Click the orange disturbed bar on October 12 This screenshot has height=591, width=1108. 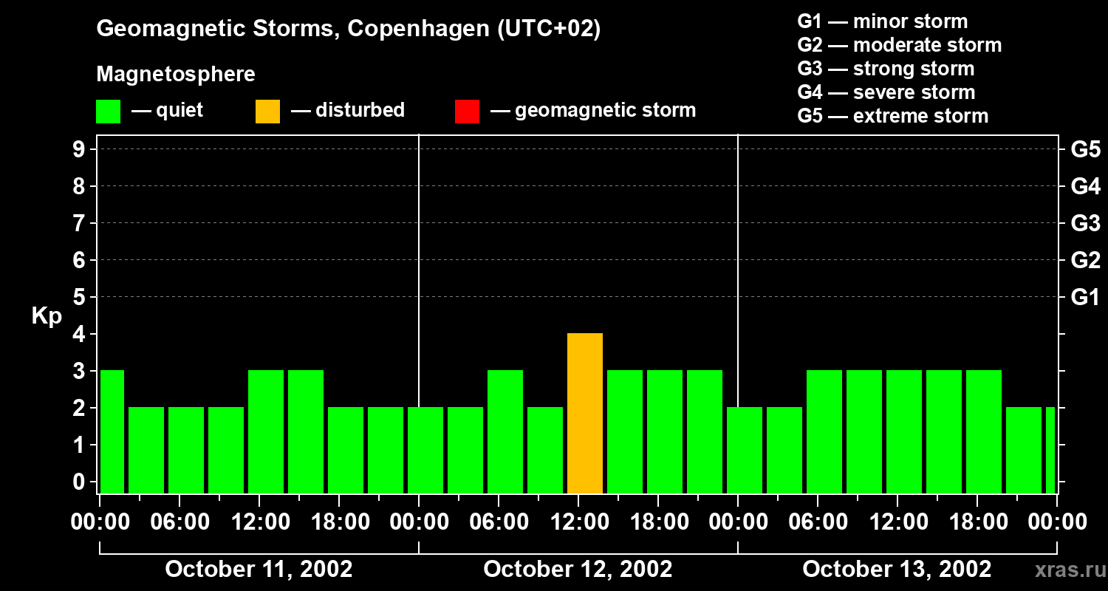click(585, 414)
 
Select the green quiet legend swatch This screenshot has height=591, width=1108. click(108, 111)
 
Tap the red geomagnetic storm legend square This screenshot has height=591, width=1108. click(467, 111)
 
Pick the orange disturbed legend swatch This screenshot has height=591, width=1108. click(267, 111)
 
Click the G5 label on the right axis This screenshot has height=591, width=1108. click(1085, 150)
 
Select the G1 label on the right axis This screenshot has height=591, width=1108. click(1085, 298)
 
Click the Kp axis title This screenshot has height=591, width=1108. click(47, 316)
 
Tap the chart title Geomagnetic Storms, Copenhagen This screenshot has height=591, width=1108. click(348, 29)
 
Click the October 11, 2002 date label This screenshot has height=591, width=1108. click(259, 570)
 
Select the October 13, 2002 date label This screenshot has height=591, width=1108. click(897, 570)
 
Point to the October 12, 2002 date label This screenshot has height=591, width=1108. click(578, 570)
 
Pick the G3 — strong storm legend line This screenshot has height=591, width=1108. click(886, 69)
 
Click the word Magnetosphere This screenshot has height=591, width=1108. click(176, 75)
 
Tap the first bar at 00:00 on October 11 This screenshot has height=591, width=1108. click(112, 431)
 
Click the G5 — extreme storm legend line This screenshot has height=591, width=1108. click(892, 116)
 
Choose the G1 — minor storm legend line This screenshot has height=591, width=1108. click(882, 21)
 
